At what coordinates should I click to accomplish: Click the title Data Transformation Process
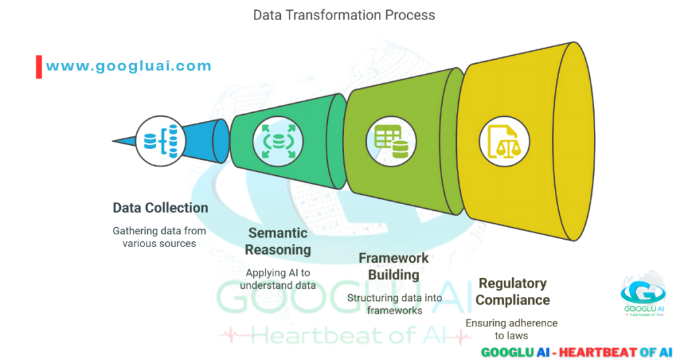[343, 15]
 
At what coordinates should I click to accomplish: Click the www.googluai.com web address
[128, 66]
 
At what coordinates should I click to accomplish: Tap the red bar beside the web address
[39, 66]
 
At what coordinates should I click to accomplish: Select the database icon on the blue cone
[161, 141]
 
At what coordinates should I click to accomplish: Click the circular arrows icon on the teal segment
[277, 142]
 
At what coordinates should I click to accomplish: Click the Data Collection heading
[160, 208]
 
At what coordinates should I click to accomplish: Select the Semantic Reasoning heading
[277, 241]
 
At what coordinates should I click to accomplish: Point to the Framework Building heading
[393, 266]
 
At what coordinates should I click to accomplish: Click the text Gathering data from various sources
[159, 237]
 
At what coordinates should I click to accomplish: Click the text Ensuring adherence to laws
[511, 329]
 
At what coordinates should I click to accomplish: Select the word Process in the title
[410, 15]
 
